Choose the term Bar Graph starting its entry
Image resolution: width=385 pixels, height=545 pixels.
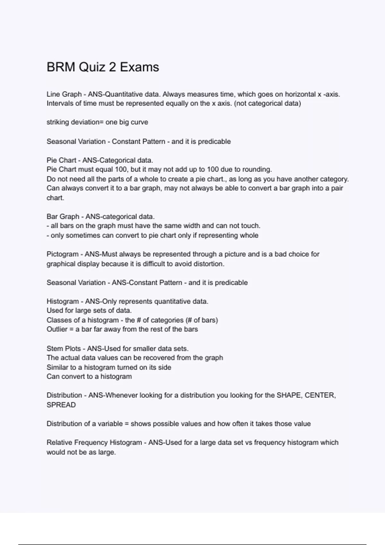tap(63, 216)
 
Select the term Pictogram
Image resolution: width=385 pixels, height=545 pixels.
tap(62, 254)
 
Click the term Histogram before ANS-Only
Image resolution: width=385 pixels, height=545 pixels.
tap(62, 301)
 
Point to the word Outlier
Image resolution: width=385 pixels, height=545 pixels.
tap(57, 329)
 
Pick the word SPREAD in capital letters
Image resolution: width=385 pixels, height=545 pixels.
tap(61, 405)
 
